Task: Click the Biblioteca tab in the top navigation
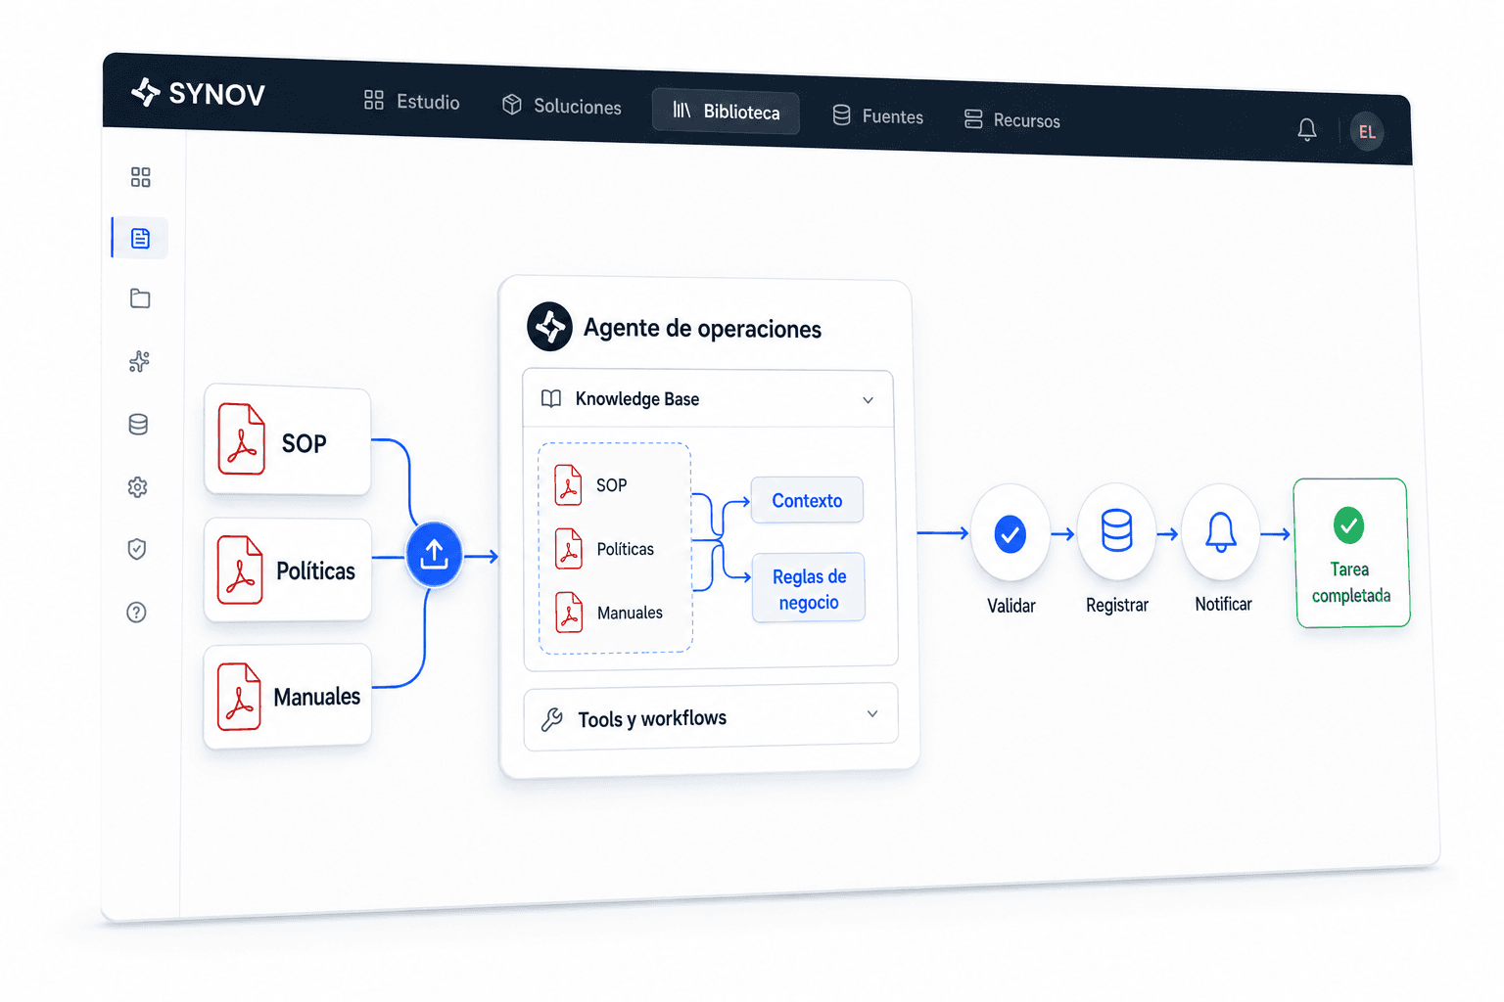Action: [726, 112]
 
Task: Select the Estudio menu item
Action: [411, 102]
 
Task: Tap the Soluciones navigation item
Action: [562, 106]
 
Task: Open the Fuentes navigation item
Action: [877, 116]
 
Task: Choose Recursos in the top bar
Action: [1011, 120]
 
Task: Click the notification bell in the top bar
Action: [1306, 129]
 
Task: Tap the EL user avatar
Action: [1366, 131]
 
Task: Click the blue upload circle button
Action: [434, 555]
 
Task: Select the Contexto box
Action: [807, 500]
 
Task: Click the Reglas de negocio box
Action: [809, 589]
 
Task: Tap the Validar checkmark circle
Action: [1010, 533]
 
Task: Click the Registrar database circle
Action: [1116, 532]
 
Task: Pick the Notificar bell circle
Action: [1221, 532]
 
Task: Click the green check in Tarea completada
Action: [1348, 525]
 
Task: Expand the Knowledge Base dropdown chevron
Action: [868, 400]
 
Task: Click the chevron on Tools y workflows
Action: [872, 714]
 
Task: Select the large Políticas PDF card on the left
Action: [288, 570]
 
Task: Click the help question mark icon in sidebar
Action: [136, 613]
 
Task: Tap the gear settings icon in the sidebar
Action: [138, 487]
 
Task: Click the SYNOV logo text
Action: [216, 95]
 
